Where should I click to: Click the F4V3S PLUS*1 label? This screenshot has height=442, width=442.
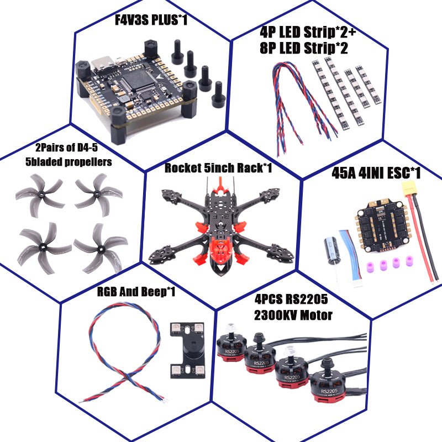click(x=151, y=20)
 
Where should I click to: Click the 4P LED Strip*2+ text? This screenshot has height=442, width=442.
click(x=308, y=33)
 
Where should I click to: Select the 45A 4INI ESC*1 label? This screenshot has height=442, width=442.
click(x=376, y=174)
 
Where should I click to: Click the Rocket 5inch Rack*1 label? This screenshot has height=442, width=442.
click(x=218, y=168)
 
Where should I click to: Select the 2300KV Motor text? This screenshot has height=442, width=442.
click(x=293, y=315)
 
